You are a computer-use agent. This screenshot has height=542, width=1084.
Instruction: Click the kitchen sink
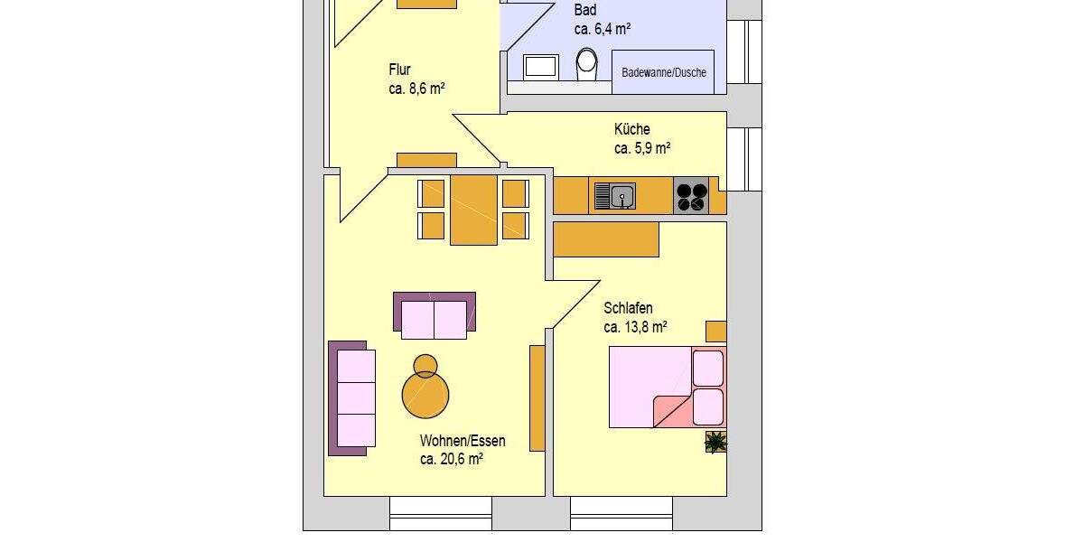pos(614,195)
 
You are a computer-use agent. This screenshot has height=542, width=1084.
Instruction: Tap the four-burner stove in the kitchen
pos(692,197)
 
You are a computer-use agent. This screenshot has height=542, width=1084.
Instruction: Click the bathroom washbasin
pos(542,66)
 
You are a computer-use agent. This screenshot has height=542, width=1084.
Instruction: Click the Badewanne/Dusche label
pos(664,73)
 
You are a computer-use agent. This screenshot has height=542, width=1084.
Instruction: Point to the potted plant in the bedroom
pos(715,442)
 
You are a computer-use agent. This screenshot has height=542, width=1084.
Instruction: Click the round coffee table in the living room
pos(425,394)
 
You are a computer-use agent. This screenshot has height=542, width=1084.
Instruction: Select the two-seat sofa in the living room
pos(435,314)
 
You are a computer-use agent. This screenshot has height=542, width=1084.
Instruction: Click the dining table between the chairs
pos(473,210)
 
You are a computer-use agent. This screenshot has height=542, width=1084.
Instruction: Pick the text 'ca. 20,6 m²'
pos(452,459)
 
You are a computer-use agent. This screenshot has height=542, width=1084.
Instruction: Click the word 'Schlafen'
pos(628,308)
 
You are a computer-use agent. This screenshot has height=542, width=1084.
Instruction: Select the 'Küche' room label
pos(631,129)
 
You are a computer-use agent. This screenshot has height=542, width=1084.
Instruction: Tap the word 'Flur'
pos(400,70)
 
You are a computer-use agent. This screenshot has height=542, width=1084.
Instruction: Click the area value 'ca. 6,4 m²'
pos(603,29)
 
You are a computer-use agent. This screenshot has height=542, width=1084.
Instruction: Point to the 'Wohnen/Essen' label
pos(463,441)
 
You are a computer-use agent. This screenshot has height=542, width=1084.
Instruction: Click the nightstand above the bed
pos(715,331)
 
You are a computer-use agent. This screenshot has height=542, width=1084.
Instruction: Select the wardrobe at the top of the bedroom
pos(605,239)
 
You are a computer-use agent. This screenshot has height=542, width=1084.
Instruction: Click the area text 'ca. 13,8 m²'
pos(636,327)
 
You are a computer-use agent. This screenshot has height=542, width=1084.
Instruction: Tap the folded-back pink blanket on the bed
pos(673,411)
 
